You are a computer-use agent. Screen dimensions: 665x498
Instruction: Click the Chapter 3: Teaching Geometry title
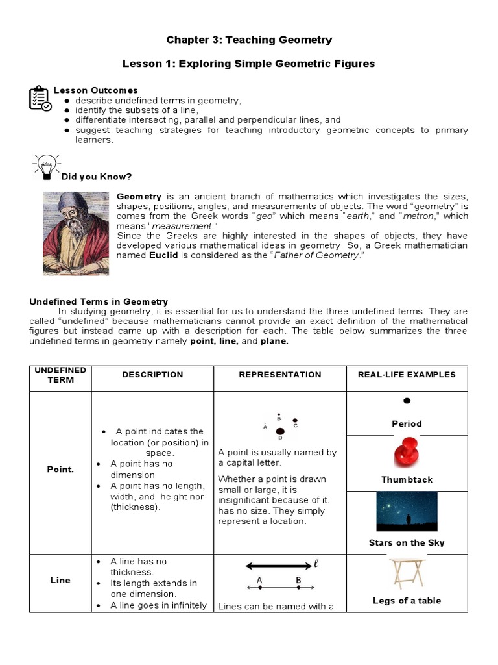[x=249, y=40]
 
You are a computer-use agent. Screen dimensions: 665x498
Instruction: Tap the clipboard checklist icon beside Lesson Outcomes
[x=39, y=98]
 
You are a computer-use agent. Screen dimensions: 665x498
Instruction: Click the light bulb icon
[x=46, y=166]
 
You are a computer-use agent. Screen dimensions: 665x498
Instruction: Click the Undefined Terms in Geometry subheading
[x=99, y=301]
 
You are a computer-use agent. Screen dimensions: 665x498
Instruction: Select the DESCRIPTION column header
[x=152, y=375]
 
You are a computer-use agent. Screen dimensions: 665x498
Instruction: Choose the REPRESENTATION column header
[x=279, y=375]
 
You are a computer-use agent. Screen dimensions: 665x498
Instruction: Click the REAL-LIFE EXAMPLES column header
[x=407, y=375]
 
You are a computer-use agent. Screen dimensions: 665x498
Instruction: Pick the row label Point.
[x=60, y=470]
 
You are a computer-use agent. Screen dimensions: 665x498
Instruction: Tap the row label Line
[x=60, y=580]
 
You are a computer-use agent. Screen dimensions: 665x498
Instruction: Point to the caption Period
[x=407, y=424]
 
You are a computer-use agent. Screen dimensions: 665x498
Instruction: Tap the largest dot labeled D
[x=280, y=431]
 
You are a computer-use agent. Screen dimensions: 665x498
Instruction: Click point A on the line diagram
[x=259, y=588]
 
